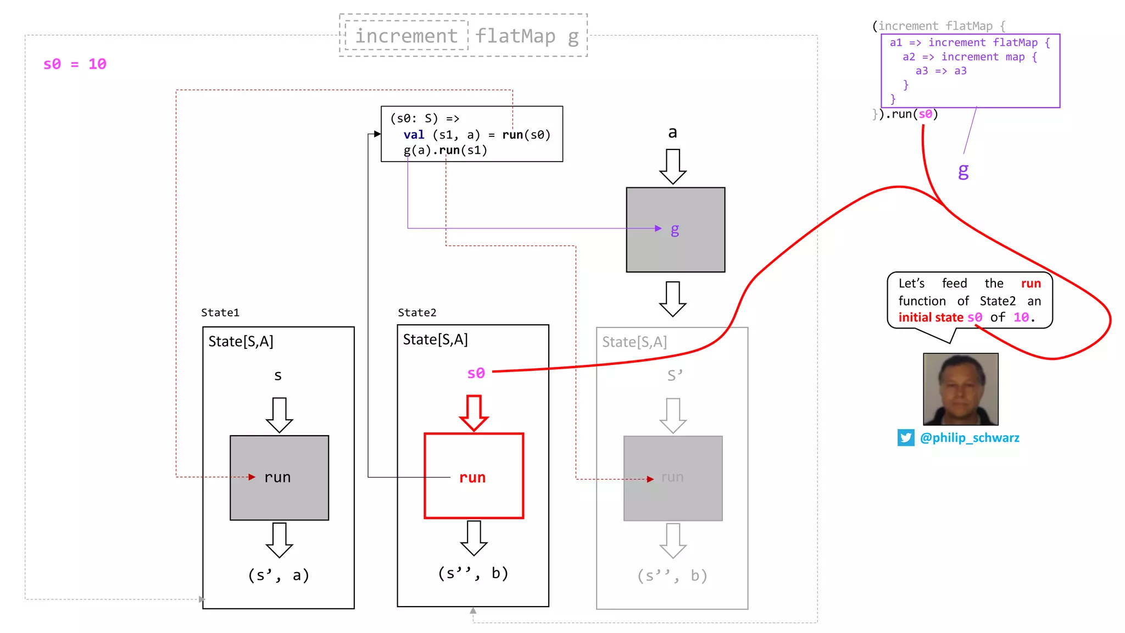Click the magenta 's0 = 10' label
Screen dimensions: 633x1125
[x=75, y=64]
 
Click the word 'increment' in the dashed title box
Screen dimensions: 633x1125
[x=406, y=36]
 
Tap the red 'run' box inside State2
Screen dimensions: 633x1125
[x=473, y=476]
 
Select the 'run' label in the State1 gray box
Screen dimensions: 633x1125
[x=277, y=477]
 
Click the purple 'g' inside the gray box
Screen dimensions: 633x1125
[x=675, y=229]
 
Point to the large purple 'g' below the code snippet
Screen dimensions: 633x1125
[x=963, y=171]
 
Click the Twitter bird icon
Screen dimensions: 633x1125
[x=906, y=438]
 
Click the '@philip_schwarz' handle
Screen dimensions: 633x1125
[x=970, y=438]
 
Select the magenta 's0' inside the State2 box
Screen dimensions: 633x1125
[x=476, y=373]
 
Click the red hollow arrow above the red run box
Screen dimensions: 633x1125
[x=474, y=412]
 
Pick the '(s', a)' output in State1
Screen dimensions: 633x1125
[x=279, y=575]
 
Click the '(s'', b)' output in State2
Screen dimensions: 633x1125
[x=473, y=573]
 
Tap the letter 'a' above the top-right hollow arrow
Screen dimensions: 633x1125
[x=672, y=132]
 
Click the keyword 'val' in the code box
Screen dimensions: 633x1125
[x=414, y=135]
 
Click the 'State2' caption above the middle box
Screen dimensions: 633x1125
[x=417, y=313]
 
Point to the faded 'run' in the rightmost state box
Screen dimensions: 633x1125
[x=672, y=477]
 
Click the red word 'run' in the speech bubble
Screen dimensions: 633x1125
[x=1031, y=284]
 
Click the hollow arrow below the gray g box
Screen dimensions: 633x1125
[x=672, y=299]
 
